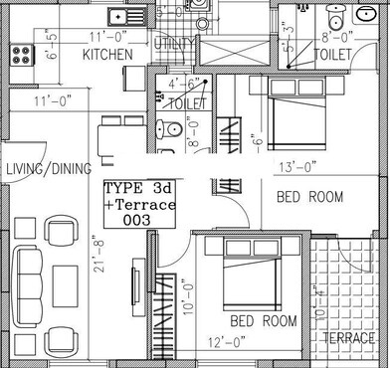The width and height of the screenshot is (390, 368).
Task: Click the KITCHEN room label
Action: coord(108,54)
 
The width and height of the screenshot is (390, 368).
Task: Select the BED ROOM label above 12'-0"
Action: coord(264,321)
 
